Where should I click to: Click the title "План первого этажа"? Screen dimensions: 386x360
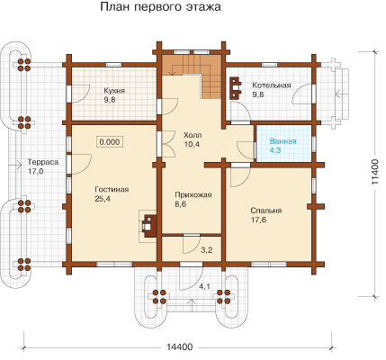160,7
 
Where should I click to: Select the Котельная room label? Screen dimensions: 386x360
272,85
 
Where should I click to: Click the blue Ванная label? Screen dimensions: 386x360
283,141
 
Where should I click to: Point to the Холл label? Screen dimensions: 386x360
193,135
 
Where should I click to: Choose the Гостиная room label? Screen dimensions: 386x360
112,190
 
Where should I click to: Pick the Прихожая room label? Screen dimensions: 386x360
193,195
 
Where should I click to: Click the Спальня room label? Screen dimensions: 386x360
266,211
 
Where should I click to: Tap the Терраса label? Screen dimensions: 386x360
43,162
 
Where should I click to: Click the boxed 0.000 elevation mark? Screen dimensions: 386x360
110,142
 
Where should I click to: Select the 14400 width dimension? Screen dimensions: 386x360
179,347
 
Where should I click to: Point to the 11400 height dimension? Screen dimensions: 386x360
375,172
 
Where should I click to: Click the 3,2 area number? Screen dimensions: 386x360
207,249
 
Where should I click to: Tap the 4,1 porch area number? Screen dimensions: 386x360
204,287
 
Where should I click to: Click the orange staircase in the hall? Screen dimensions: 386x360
192,76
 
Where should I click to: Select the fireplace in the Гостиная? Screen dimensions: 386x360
148,226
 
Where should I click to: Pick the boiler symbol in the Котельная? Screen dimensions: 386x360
236,88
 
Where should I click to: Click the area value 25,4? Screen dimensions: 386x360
103,199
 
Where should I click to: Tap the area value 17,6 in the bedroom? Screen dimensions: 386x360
258,220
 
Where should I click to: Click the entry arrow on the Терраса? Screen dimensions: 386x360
15,165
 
